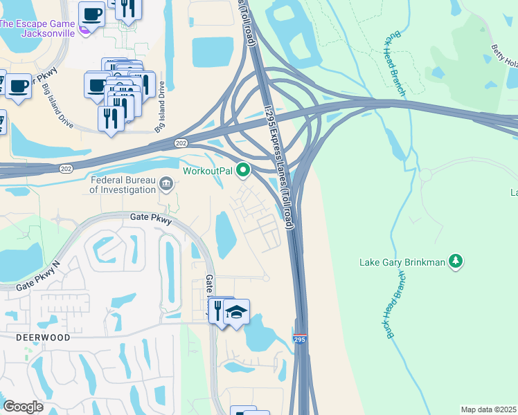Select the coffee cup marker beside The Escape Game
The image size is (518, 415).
91,13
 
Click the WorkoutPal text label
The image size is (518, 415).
208,170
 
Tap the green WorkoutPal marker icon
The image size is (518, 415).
243,169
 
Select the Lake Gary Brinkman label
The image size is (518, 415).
402,262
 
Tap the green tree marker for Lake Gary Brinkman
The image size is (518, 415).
455,261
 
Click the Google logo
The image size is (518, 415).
23,407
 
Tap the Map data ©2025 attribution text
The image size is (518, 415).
488,409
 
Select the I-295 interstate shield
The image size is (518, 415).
300,340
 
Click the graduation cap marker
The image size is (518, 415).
236,313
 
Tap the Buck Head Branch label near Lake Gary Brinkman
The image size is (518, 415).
394,304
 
